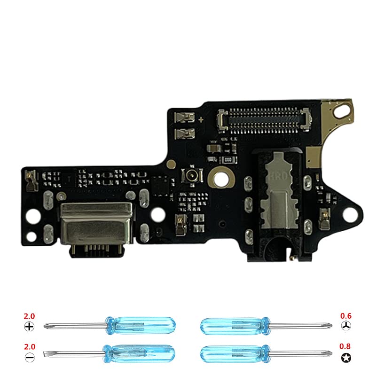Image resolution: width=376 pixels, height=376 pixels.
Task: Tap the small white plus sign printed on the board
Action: tap(201, 120)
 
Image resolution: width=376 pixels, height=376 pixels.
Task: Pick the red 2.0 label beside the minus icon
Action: tap(29, 346)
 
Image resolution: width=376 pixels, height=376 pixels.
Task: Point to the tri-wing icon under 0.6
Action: tap(345, 326)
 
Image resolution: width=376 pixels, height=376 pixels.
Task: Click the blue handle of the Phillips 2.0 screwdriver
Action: tap(141, 324)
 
